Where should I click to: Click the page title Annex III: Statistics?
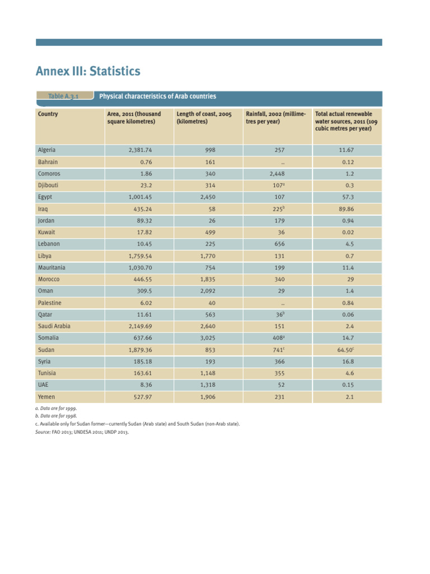[88, 72]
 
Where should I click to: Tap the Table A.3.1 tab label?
[63, 96]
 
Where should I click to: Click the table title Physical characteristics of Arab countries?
[157, 96]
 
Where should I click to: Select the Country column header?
[48, 114]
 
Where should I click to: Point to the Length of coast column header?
[200, 118]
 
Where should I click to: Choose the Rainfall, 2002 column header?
[275, 118]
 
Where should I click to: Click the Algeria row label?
[46, 150]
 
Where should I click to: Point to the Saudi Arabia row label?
[54, 326]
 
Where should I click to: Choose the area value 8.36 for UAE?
[144, 385]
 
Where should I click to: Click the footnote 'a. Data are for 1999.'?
[55, 409]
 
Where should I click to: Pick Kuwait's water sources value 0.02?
[347, 232]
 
